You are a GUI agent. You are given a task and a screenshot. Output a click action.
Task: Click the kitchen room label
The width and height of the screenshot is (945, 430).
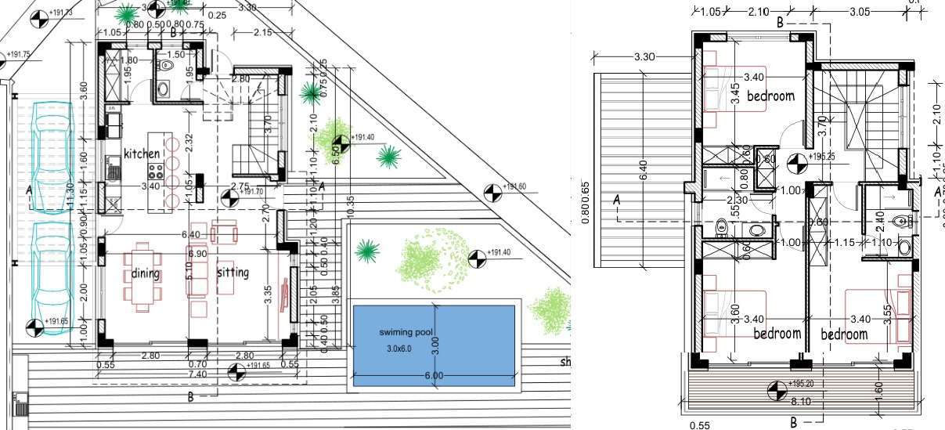click(x=141, y=154)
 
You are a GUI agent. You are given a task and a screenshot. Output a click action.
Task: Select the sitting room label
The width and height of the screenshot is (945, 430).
click(x=232, y=273)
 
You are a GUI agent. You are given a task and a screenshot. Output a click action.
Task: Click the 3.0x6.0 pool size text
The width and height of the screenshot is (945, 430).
click(x=397, y=349)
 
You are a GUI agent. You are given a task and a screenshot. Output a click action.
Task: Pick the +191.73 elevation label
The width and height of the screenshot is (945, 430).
click(x=60, y=13)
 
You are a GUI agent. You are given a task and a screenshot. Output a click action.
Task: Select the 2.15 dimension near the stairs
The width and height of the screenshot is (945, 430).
click(x=264, y=33)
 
